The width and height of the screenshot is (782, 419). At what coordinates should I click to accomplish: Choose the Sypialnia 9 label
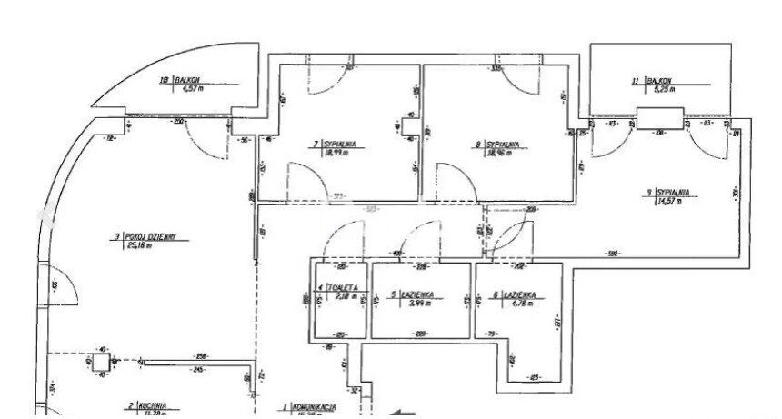(x=669, y=192)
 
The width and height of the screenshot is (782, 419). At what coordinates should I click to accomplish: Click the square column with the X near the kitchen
(x=100, y=363)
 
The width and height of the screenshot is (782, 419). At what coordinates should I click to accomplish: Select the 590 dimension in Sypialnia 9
(x=614, y=254)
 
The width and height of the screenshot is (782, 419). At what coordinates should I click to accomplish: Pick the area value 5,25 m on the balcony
(x=657, y=88)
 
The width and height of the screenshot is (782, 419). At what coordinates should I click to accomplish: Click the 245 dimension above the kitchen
(x=198, y=369)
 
